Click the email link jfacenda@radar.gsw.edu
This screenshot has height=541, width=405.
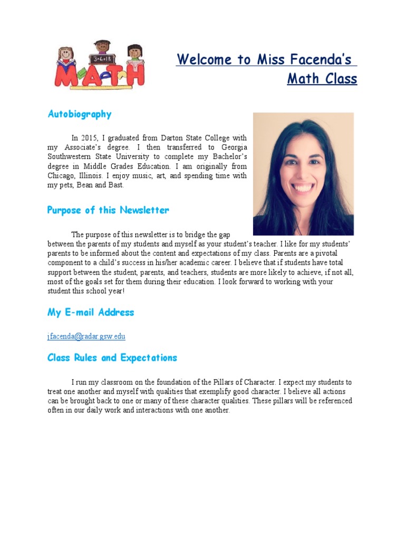[x=86, y=336]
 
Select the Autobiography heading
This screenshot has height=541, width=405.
[x=80, y=114]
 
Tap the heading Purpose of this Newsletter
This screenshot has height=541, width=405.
[x=108, y=210]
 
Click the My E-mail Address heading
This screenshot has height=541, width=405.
[x=91, y=312]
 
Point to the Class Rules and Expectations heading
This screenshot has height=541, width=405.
[x=112, y=358]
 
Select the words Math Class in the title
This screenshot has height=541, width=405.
[x=322, y=79]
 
